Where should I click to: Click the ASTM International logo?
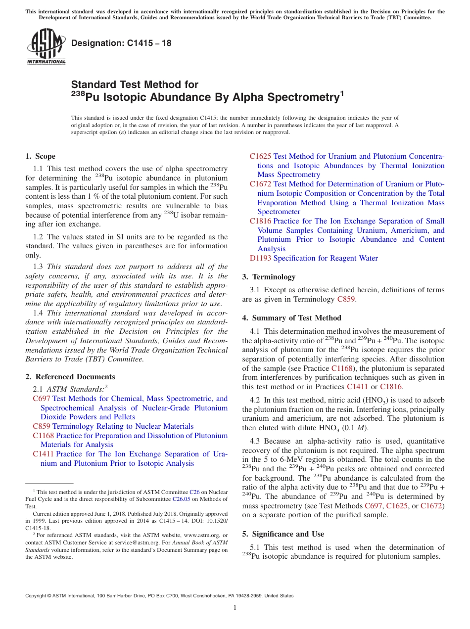(46, 47)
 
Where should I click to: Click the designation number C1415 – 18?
(121, 43)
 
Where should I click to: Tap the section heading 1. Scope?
(40, 156)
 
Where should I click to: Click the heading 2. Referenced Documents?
(70, 377)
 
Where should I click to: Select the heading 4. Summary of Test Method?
(291, 318)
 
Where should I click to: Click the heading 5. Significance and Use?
(283, 534)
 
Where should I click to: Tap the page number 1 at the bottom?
(235, 608)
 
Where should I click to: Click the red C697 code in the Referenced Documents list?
(41, 399)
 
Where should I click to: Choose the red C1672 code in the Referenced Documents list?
(260, 184)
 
